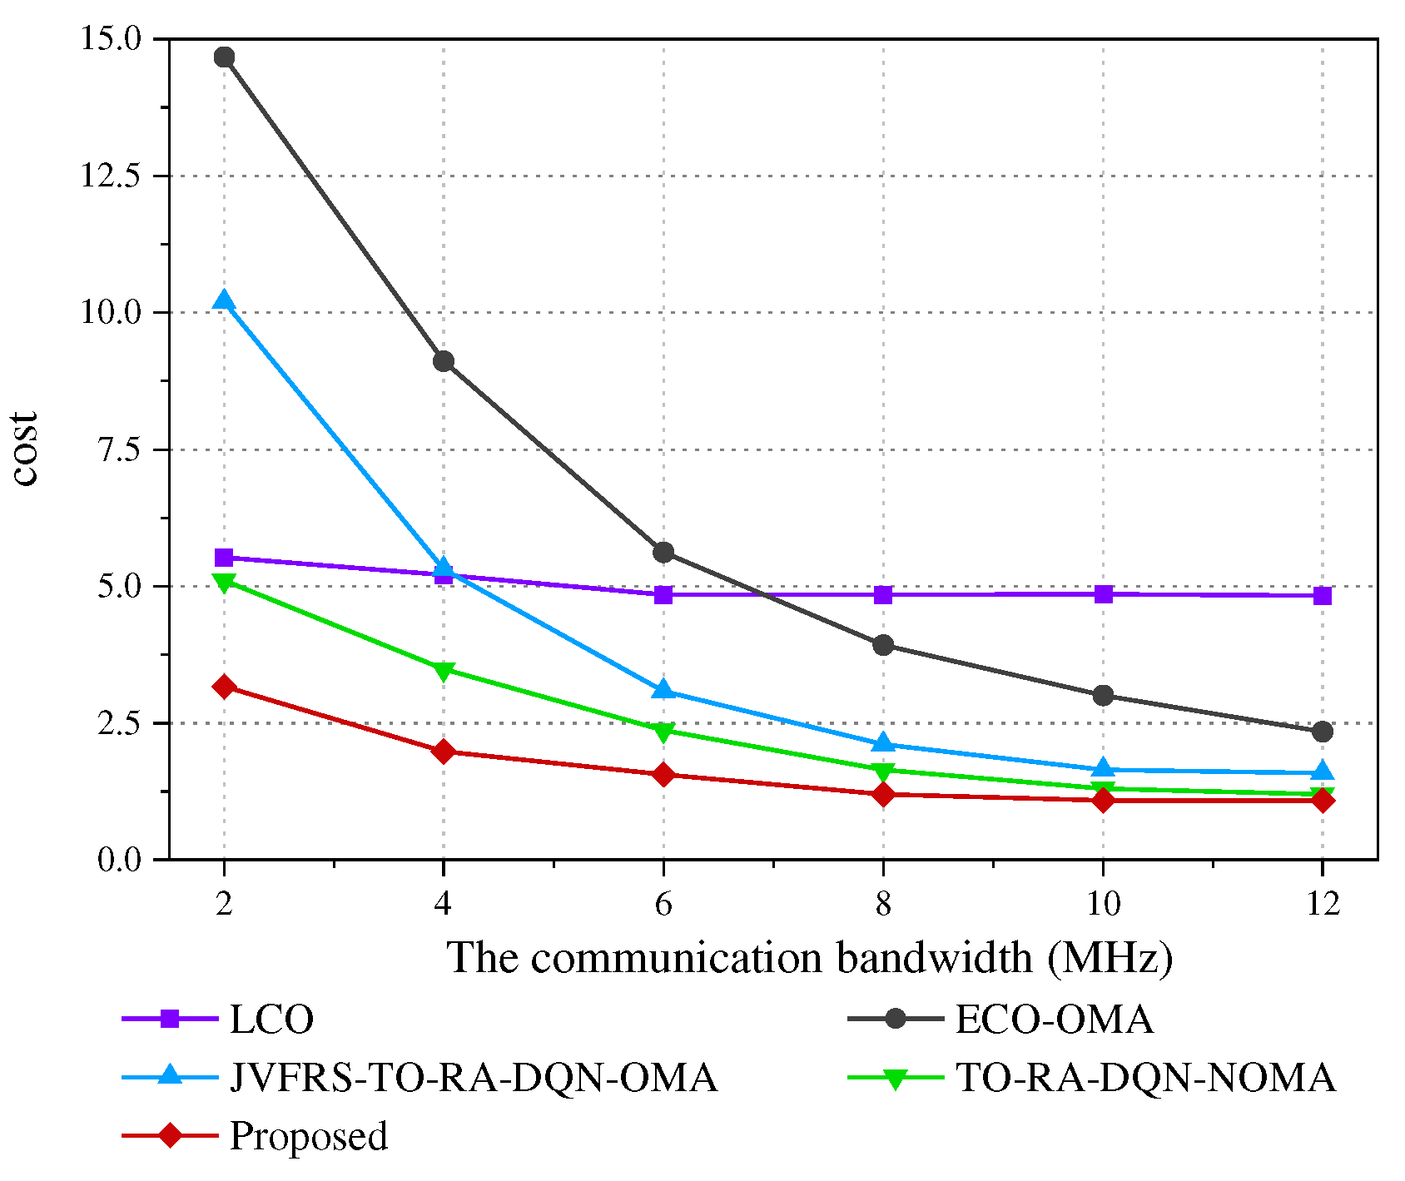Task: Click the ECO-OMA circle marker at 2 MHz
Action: tap(224, 57)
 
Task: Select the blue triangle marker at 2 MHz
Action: tap(224, 301)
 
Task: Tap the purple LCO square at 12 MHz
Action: tap(1323, 596)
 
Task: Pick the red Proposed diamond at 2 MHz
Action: tap(224, 687)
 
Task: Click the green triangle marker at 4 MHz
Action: tap(444, 671)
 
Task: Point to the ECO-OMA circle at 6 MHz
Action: tap(663, 553)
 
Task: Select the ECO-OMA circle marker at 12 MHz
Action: tap(1323, 732)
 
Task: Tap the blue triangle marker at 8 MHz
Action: tap(883, 743)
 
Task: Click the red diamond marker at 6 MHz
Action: tap(663, 775)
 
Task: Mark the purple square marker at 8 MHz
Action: tap(883, 594)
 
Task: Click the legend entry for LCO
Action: tap(271, 1020)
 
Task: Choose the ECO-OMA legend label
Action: tap(1054, 1020)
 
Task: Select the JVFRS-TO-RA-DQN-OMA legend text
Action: tap(473, 1078)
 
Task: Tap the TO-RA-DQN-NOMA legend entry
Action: tap(1145, 1078)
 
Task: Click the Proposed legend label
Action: tap(308, 1136)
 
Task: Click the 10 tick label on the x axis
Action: tap(1103, 904)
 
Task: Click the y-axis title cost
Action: tap(26, 449)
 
